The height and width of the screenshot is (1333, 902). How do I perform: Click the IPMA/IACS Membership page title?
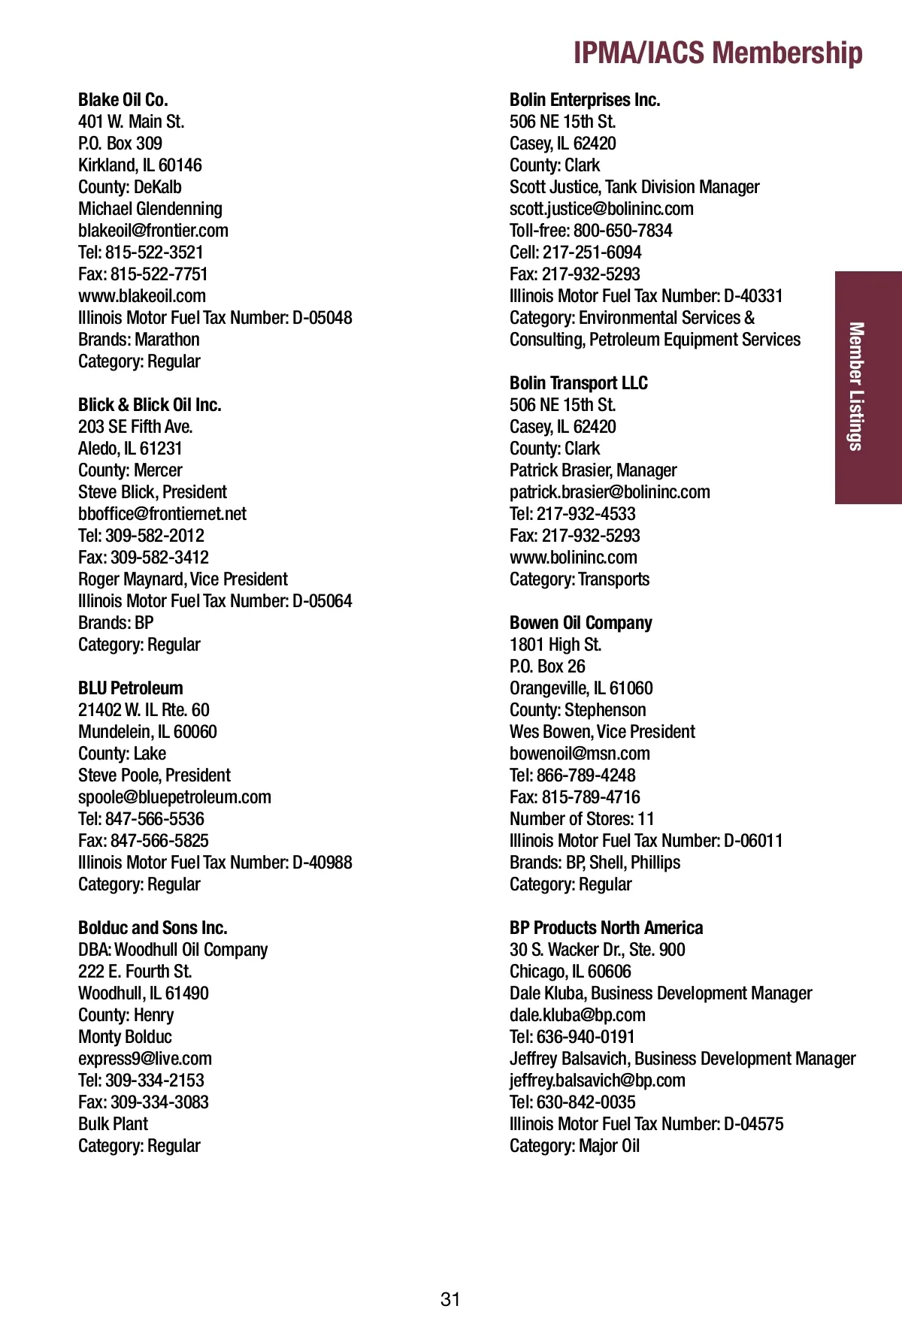[717, 53]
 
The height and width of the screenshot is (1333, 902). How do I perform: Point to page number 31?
[450, 1299]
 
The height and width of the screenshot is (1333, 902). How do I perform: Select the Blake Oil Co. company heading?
[123, 100]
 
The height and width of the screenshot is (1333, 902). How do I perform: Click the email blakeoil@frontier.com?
[153, 231]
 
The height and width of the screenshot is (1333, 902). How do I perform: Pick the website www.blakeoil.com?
[142, 296]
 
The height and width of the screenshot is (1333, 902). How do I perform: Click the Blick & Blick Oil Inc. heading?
[150, 405]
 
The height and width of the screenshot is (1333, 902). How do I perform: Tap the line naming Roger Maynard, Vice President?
[183, 579]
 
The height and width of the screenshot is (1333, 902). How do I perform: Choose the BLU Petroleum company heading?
[131, 688]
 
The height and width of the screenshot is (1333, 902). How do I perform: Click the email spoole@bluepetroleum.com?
[174, 797]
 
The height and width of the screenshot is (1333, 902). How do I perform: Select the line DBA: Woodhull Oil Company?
[173, 950]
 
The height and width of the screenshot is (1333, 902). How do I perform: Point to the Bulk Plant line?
[114, 1124]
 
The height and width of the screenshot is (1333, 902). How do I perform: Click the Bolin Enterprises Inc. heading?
[585, 100]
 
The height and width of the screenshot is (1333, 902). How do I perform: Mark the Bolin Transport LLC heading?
[579, 383]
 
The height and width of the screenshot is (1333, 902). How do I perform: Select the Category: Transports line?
[580, 579]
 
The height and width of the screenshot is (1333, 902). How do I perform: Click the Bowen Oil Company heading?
[581, 623]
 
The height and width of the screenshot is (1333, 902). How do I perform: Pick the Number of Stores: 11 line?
[582, 819]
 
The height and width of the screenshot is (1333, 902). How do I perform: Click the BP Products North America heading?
[607, 928]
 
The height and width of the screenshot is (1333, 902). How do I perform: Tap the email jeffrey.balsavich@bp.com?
[598, 1081]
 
